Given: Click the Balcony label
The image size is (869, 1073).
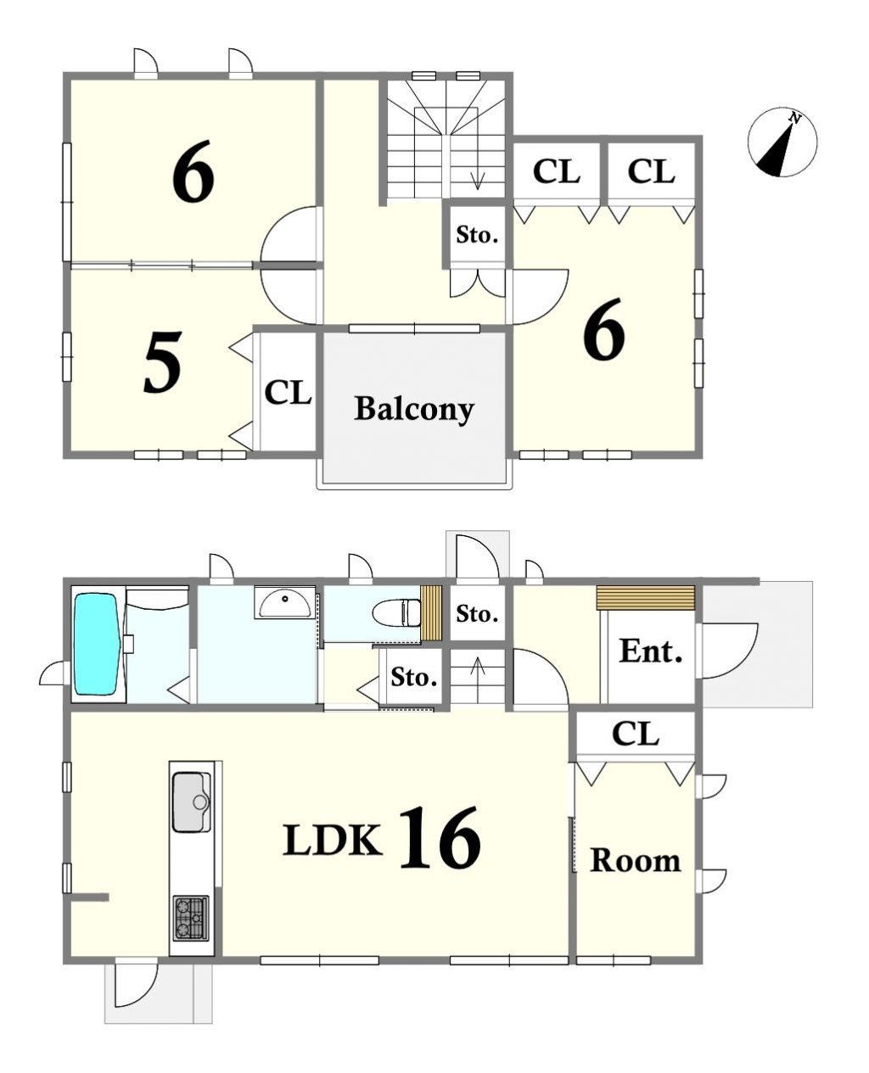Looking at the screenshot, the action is (x=414, y=409).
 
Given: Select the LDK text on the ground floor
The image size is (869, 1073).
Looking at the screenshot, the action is (x=333, y=839).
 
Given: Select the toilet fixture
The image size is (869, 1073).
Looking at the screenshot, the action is (x=397, y=612).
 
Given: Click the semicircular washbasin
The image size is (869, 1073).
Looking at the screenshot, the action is (x=285, y=603).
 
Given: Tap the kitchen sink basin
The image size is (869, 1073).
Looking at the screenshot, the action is (x=192, y=802).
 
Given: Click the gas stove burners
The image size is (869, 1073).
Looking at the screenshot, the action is (x=191, y=918).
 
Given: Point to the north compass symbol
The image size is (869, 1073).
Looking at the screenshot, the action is (x=782, y=142).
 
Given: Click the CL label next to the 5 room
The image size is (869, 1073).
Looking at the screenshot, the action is (x=288, y=393).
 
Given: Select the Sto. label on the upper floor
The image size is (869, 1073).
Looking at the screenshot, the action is (x=477, y=235).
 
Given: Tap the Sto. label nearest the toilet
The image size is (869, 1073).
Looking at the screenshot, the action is (x=414, y=677).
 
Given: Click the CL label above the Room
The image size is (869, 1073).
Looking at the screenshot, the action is (x=636, y=734).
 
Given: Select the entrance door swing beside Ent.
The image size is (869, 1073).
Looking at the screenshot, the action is (x=729, y=651).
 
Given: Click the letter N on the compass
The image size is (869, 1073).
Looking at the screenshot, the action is (x=795, y=119).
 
